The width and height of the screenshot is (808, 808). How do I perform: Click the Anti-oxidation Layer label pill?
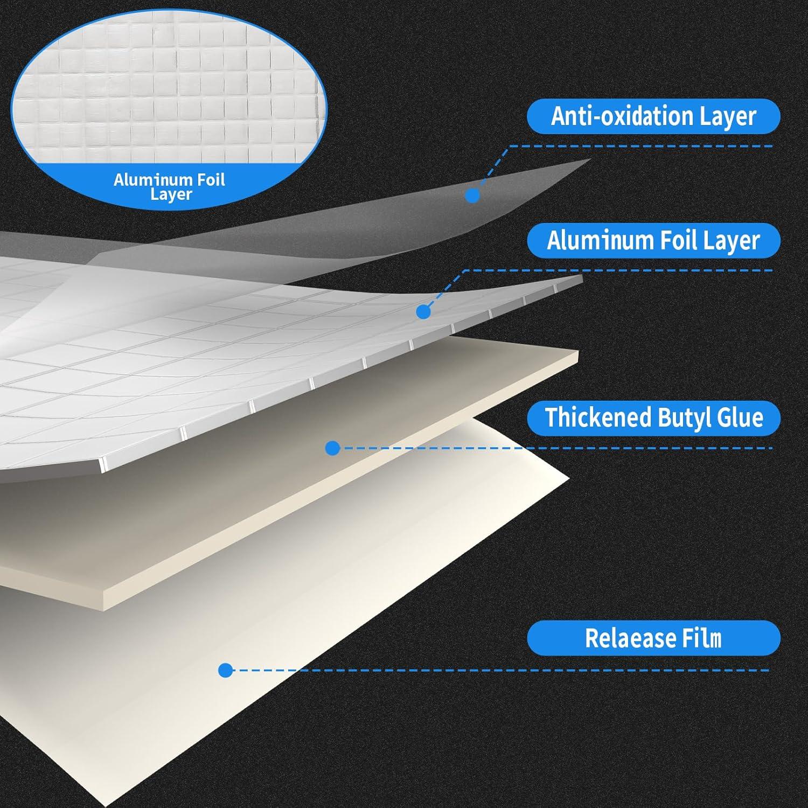click(x=653, y=116)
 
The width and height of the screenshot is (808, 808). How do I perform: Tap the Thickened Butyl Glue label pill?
click(x=653, y=417)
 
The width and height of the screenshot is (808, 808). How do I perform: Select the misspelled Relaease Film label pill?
click(x=653, y=638)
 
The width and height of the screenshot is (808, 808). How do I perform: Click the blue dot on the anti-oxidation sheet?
click(x=472, y=195)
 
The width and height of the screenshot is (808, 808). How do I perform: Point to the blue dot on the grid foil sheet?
click(x=424, y=311)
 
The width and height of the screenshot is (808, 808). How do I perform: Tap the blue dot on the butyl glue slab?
click(x=333, y=448)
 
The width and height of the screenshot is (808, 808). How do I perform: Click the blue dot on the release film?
click(x=226, y=670)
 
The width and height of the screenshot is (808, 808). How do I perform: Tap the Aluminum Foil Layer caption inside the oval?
click(x=170, y=186)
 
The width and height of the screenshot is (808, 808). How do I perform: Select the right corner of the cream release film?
click(x=569, y=477)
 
